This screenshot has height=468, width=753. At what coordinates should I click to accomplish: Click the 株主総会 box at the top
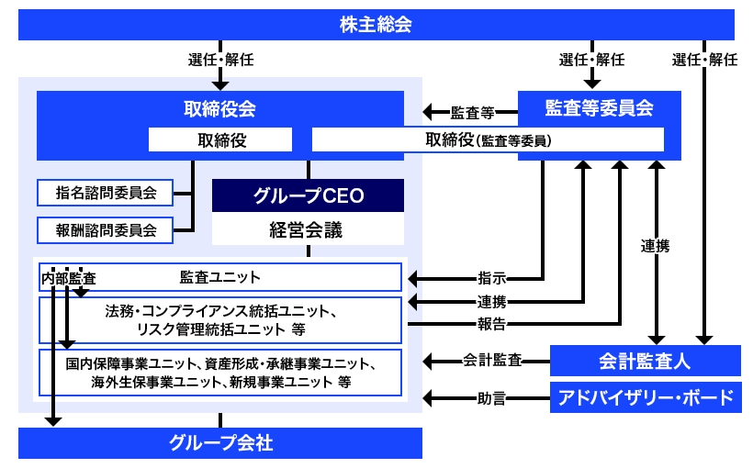(x=376, y=24)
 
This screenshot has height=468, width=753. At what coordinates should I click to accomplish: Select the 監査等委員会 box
(x=599, y=108)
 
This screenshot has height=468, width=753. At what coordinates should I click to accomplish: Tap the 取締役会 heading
(x=219, y=108)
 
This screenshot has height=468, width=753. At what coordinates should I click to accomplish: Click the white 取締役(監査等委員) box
(x=488, y=139)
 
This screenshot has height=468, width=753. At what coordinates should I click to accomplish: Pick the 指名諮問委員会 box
(x=106, y=193)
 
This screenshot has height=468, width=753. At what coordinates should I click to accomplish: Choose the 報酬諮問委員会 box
(x=106, y=229)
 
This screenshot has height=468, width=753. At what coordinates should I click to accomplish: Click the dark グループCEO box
(x=308, y=195)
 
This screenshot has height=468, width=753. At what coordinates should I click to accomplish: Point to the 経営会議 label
(x=308, y=229)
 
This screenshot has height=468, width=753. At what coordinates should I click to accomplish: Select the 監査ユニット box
(x=220, y=276)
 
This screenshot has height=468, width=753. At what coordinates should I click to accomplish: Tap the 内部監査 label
(x=69, y=277)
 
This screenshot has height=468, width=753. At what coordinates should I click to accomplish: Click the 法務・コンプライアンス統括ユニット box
(x=220, y=319)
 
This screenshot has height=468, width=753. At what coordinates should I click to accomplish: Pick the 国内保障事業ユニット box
(x=220, y=372)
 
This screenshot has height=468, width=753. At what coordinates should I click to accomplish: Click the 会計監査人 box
(x=645, y=361)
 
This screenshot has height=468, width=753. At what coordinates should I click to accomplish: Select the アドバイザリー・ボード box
(x=645, y=398)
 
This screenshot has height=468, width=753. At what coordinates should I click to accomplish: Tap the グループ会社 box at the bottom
(x=220, y=443)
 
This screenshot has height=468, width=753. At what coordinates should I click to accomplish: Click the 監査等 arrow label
(x=472, y=114)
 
